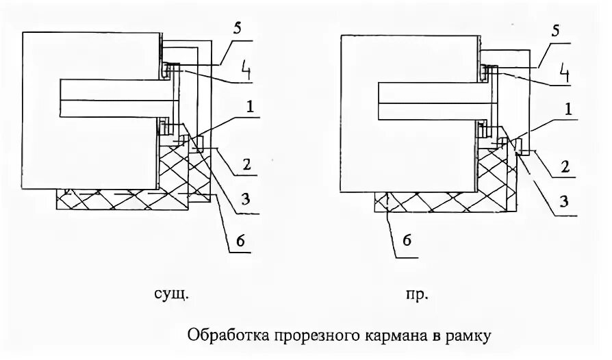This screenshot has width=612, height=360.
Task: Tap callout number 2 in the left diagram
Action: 248,165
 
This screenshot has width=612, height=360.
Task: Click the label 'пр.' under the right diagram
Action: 417,295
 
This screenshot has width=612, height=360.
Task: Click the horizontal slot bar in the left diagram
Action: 113,99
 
